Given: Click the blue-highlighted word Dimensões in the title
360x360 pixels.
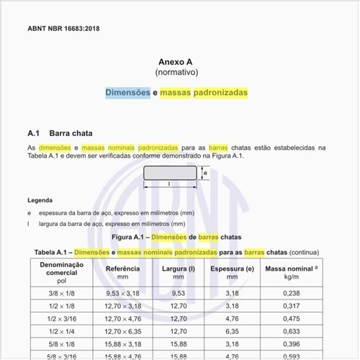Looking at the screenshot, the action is pyautogui.click(x=128, y=93).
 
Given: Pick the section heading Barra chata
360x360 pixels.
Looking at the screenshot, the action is pyautogui.click(x=71, y=133).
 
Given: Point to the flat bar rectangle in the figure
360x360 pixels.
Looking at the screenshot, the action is pyautogui.click(x=169, y=173).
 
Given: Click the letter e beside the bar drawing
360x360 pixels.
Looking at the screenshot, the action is pyautogui.click(x=205, y=173).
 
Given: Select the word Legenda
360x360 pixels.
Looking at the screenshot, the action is pyautogui.click(x=40, y=200).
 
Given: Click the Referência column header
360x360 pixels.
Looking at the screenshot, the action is pyautogui.click(x=122, y=269).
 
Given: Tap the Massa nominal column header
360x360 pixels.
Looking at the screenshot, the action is pyautogui.click(x=292, y=269).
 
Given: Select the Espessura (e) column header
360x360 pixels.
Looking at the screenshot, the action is pyautogui.click(x=232, y=269).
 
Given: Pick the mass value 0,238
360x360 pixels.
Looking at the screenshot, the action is pyautogui.click(x=292, y=293).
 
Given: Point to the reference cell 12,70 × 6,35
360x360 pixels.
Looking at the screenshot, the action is pyautogui.click(x=122, y=331).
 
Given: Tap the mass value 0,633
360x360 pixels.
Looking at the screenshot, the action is pyautogui.click(x=292, y=331).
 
